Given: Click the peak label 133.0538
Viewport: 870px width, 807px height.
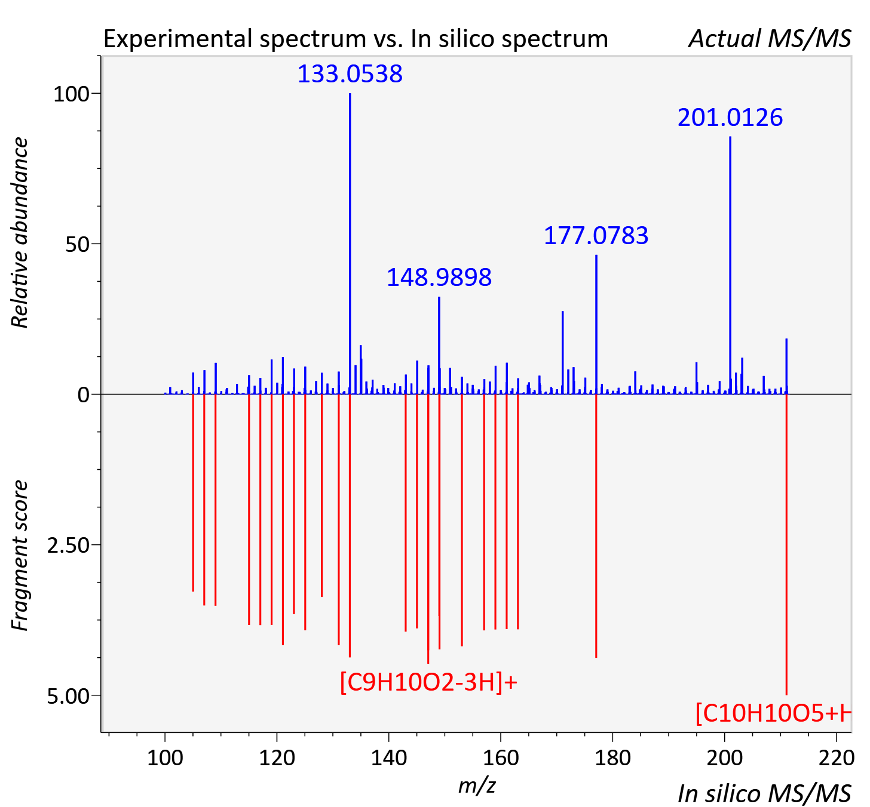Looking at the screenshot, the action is point(350,73).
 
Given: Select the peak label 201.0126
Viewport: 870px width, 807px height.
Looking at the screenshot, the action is point(730,117).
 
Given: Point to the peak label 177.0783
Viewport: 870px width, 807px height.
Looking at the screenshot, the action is point(596,235).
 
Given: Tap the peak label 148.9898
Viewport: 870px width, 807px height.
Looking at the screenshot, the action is point(439,277).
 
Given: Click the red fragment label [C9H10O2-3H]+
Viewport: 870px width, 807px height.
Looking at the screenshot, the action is point(428,682).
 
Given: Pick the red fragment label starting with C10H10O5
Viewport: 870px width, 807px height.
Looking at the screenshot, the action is point(773,713).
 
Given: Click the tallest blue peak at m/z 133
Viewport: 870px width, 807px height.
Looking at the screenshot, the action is point(350,244).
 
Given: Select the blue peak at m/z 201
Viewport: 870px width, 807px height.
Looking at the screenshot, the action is point(730,265).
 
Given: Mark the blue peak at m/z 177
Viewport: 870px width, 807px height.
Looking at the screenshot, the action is point(596,324).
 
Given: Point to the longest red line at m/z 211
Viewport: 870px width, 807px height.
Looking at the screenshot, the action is point(787,544).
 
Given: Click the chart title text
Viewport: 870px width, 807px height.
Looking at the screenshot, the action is point(356,39).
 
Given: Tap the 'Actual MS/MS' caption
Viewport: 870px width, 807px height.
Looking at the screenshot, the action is point(770,39).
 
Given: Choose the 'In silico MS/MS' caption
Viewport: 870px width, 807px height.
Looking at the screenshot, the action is point(764,793).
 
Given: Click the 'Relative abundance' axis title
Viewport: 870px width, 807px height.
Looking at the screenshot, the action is point(20,232).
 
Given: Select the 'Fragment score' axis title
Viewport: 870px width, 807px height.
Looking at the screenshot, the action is point(20,555).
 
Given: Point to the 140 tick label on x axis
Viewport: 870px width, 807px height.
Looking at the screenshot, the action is point(388,757).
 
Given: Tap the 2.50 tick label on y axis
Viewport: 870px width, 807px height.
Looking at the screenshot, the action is point(68,546).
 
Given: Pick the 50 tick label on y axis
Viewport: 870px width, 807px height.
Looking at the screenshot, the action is point(77,244).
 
